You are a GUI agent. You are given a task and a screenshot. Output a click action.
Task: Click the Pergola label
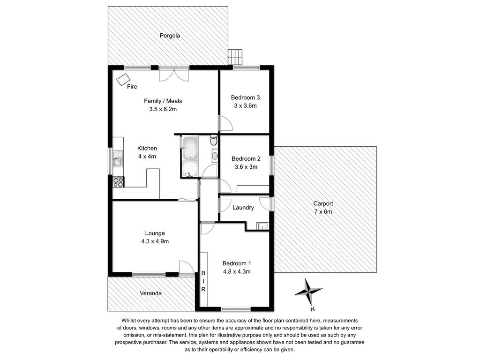pos(170,36)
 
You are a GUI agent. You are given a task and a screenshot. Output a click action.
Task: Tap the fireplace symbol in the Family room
pos(123,80)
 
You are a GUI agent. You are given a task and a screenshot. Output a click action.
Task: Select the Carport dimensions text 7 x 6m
pos(323,211)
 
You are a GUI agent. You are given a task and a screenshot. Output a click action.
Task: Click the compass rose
pos(308,292)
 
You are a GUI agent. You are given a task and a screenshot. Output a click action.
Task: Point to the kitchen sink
pos(118,159)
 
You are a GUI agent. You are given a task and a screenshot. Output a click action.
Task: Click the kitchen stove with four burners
pos(118,182)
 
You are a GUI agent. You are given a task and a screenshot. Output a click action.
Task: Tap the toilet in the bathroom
pos(214,141)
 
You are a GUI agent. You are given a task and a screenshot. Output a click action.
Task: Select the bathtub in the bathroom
pos(190,149)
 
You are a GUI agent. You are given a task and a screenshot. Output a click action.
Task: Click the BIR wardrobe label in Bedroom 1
pos(203,281)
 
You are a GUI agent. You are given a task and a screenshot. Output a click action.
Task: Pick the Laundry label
pos(243,208)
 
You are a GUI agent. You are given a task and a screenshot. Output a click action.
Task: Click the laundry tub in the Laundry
pos(262,226)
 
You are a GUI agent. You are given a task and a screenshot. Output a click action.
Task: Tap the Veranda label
pos(150,293)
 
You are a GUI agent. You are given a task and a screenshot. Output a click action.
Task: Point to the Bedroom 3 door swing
pos(225,123)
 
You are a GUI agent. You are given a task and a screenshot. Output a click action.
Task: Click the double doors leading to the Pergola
pos(173,74)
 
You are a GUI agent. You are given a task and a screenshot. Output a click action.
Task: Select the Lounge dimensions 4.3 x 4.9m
pos(155,241)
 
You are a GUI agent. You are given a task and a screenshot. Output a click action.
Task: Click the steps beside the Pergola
pos(235,57)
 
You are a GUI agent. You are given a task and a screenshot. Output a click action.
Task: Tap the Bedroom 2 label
pos(246,158)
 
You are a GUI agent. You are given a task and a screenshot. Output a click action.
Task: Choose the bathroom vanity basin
pos(215,156)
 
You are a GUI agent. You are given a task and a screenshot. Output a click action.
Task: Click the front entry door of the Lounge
pos(187,268)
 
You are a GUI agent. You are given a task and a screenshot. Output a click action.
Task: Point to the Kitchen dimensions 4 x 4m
pos(147,157)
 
